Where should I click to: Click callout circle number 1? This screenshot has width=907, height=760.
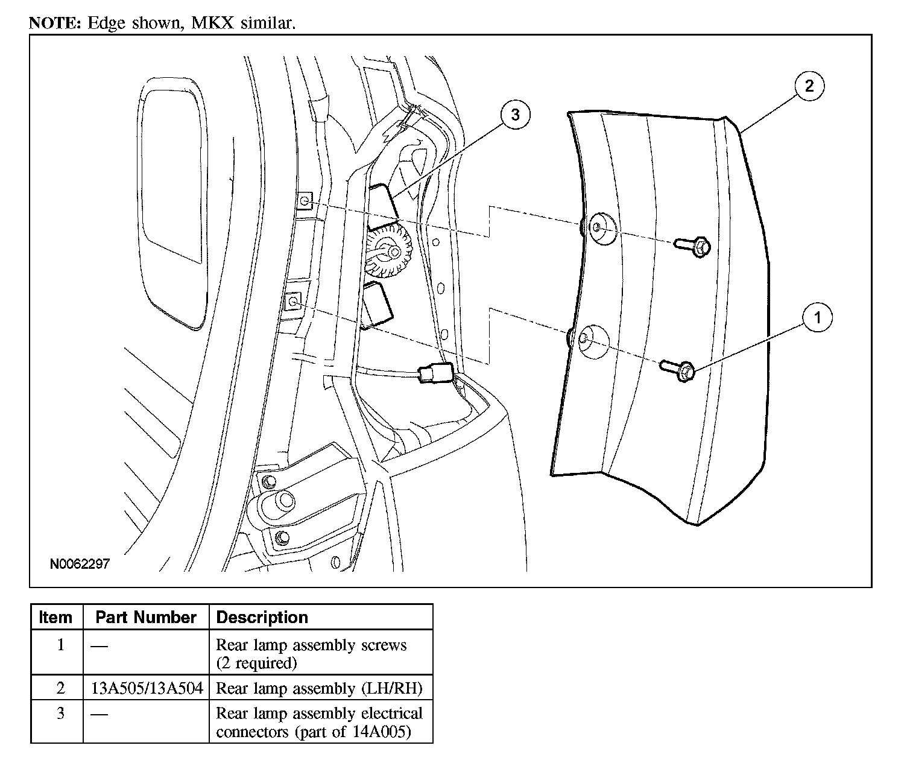point(817,317)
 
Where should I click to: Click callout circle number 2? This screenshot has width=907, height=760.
point(809,86)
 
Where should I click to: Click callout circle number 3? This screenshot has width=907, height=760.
point(515,115)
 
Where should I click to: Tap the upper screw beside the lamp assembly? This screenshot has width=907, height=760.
point(694,246)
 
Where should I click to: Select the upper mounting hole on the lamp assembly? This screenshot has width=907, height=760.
point(601,228)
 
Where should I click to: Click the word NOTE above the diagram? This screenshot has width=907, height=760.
point(55,24)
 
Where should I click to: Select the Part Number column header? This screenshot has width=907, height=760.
point(146,618)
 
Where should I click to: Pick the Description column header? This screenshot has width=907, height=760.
point(262,618)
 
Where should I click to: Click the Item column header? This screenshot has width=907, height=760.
point(55,618)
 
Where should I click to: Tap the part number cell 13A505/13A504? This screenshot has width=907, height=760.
point(147,688)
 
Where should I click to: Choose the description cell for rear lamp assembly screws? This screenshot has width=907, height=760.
point(311,654)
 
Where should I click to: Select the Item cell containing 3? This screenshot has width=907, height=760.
point(60,714)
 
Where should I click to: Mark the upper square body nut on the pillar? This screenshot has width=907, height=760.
point(306,201)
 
